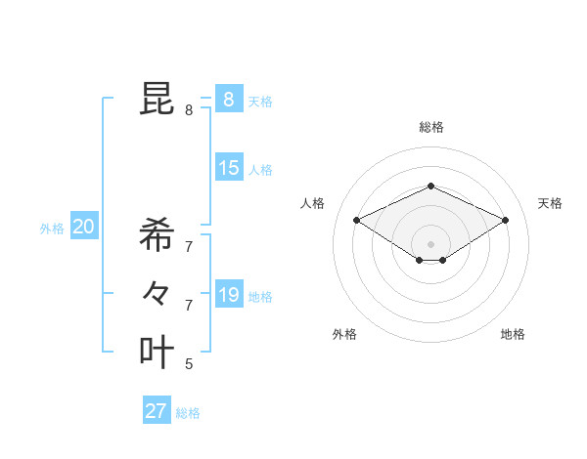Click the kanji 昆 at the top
[157, 99]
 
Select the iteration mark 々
[157, 293]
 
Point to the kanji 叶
[157, 352]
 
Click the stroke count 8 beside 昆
[189, 110]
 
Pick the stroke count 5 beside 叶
[189, 364]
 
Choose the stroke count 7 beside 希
[189, 246]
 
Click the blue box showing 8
[228, 99]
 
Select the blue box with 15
[228, 168]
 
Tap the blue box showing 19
[228, 294]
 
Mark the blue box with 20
[83, 228]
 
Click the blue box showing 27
[157, 411]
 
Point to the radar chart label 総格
[430, 127]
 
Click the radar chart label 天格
[550, 203]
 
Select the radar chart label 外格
[344, 334]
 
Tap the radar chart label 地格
[513, 334]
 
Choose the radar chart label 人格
[312, 203]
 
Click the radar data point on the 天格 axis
[505, 220]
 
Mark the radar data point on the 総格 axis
[430, 186]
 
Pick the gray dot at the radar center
[430, 243]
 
